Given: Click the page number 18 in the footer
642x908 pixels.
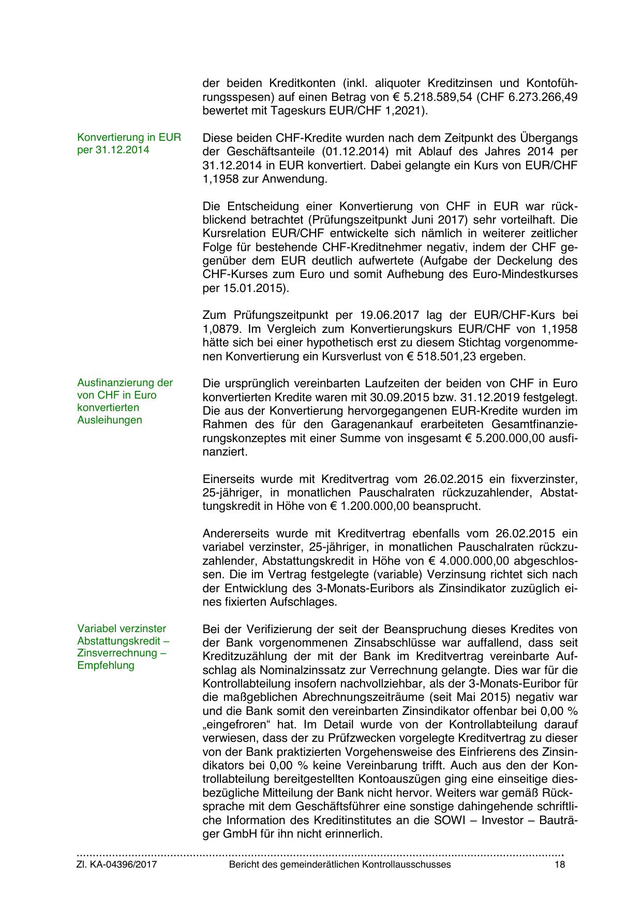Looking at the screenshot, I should pyautogui.click(x=560, y=865).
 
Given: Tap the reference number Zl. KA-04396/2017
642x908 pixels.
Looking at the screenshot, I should pyautogui.click(x=117, y=865).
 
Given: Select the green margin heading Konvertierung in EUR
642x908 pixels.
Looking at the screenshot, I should pyautogui.click(x=129, y=137).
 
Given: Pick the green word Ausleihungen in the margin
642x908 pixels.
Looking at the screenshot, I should pyautogui.click(x=109, y=420).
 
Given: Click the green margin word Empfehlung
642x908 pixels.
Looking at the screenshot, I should pyautogui.click(x=106, y=666).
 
